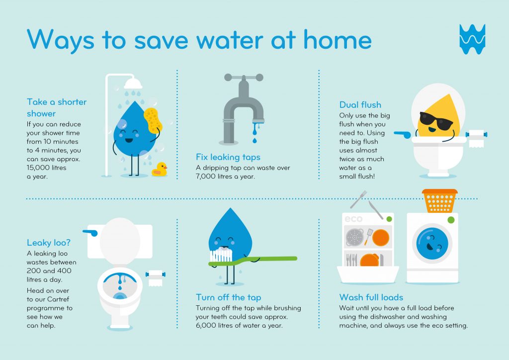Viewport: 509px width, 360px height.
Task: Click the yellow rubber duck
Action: point(160,170)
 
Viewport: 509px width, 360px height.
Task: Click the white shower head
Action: point(133,82)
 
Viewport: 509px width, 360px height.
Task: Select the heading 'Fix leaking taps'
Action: point(228,157)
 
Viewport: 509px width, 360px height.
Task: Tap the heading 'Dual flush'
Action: point(360,105)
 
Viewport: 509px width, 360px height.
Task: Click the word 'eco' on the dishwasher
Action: point(353,219)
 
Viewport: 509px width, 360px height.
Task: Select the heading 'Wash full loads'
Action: point(371,297)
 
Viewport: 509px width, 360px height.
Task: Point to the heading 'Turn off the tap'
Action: point(228,297)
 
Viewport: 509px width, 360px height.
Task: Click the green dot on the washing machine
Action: point(451,219)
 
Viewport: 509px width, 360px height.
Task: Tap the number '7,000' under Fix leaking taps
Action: point(208,177)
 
